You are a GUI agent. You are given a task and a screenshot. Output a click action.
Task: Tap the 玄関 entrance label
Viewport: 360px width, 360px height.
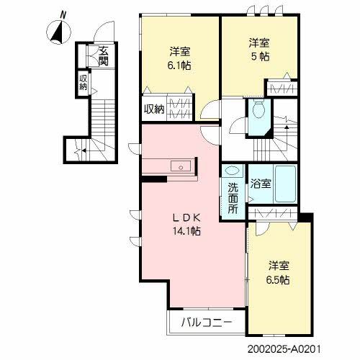click(104, 55)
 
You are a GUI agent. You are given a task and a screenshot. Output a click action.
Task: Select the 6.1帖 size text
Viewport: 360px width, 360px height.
click(180, 58)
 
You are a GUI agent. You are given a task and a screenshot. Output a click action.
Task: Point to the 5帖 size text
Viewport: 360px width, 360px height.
click(260, 50)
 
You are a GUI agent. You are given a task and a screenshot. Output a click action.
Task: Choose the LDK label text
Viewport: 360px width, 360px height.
click(185, 217)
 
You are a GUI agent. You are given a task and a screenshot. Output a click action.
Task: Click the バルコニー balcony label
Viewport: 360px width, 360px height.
click(207, 322)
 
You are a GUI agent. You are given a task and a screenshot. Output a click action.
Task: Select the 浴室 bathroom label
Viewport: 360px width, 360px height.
click(260, 183)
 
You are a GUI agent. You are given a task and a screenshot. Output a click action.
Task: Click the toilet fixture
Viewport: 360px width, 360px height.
click(258, 110)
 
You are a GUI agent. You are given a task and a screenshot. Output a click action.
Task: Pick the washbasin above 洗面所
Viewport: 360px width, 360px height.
click(233, 173)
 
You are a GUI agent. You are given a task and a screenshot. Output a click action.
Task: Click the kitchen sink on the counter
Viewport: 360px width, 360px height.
click(179, 166)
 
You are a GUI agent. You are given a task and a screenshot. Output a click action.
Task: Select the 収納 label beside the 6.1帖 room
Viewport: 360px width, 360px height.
click(155, 109)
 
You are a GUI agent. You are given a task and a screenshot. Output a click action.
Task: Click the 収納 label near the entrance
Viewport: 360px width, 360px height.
click(84, 82)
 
